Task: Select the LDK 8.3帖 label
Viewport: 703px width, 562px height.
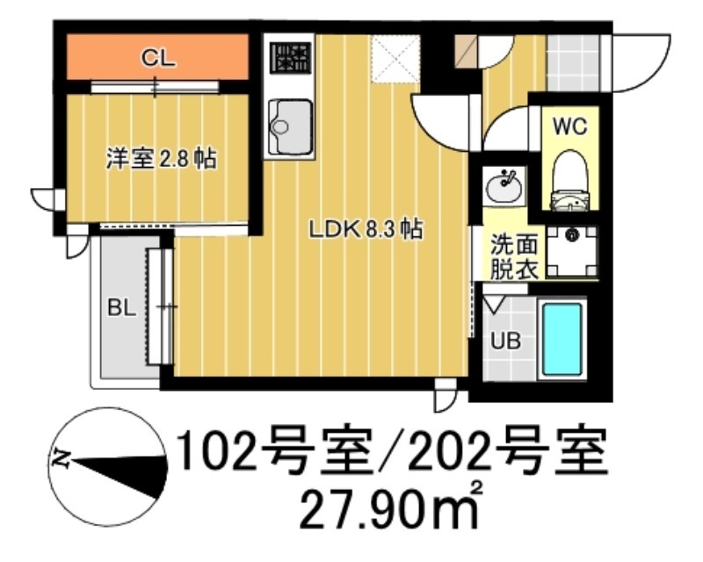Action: point(365,230)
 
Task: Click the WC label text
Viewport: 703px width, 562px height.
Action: point(569,126)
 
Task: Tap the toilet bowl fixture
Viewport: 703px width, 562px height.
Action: point(569,180)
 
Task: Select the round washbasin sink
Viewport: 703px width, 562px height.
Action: point(504,185)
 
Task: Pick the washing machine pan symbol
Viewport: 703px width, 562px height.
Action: point(572,248)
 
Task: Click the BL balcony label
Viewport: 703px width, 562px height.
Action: point(120,308)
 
